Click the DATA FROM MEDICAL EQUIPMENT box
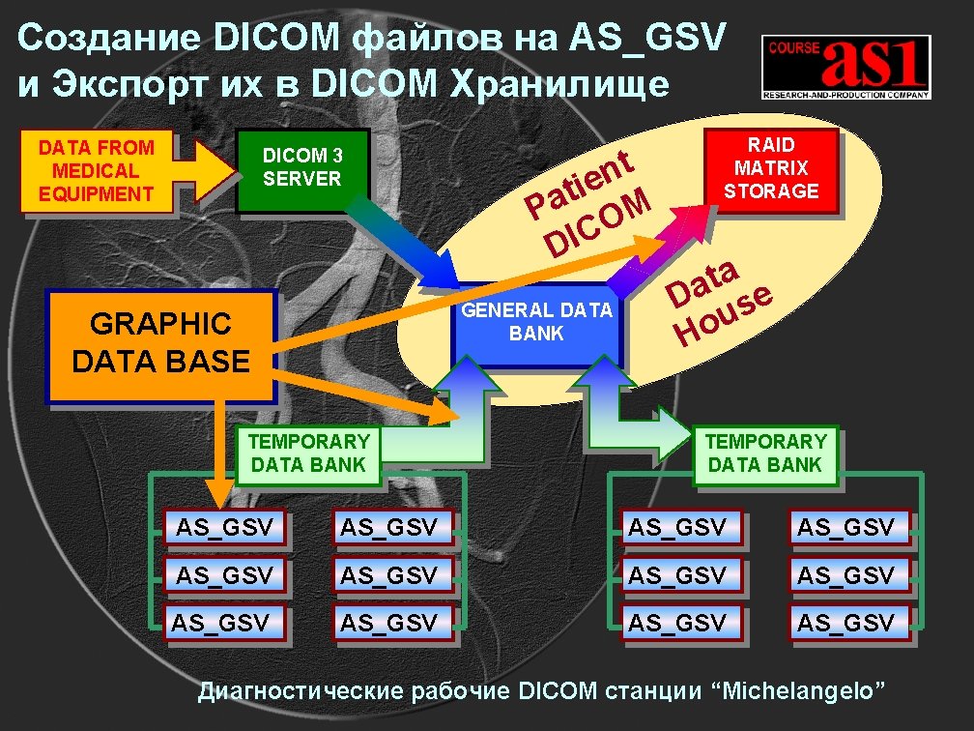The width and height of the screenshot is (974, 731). click(x=96, y=170)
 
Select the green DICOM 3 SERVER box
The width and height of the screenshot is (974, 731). click(x=302, y=167)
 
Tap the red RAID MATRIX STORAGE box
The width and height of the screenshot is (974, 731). click(x=771, y=167)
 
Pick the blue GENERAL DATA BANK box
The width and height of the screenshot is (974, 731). click(x=536, y=323)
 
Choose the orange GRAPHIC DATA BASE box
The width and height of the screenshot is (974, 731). click(x=160, y=343)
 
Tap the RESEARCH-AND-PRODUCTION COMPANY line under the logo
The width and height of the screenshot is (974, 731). click(x=845, y=96)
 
